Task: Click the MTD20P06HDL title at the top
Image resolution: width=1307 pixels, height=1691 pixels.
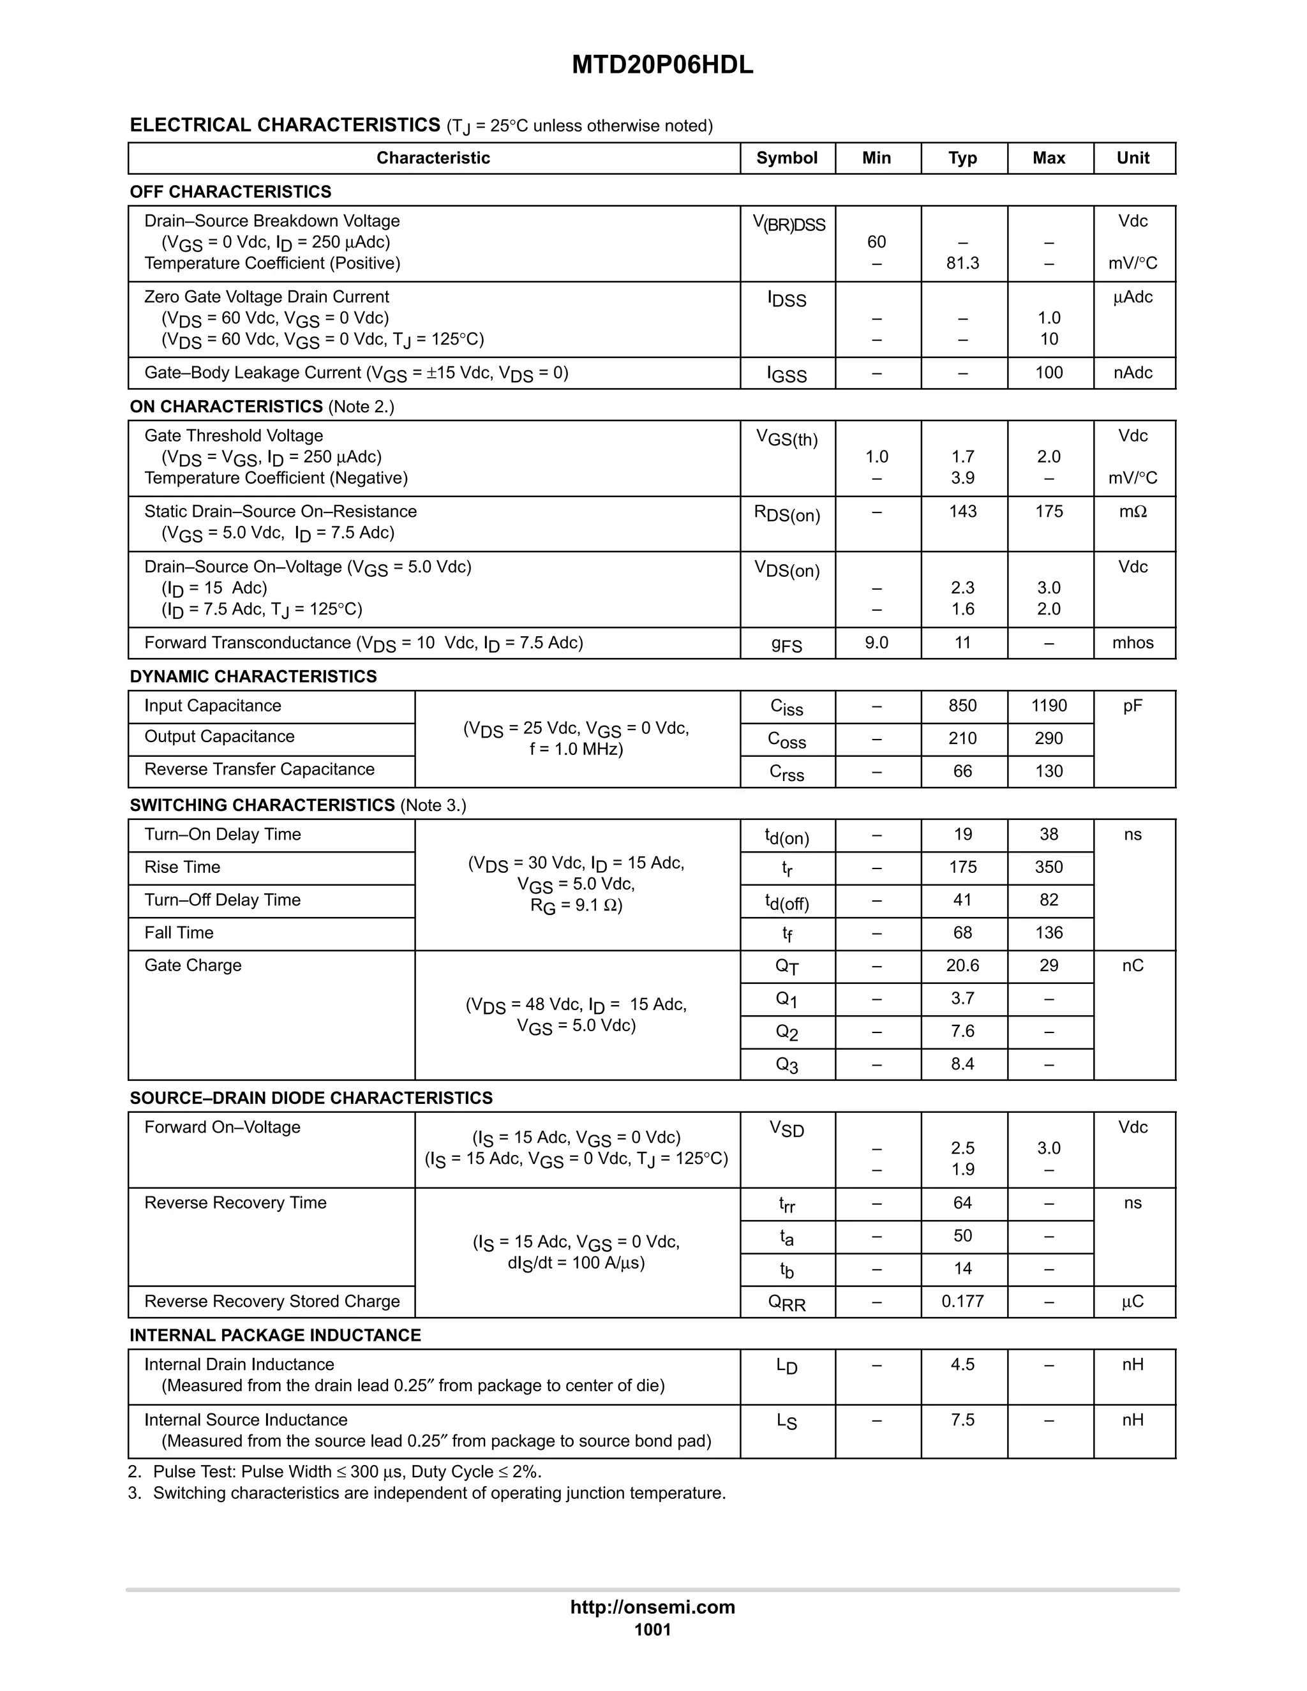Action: pos(662,65)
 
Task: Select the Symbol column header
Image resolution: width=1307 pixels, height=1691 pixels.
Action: pos(787,158)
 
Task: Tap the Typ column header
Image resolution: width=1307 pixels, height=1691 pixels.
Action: pos(962,158)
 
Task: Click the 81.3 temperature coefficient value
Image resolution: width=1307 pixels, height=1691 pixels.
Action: pos(962,264)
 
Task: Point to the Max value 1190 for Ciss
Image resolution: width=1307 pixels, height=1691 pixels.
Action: pos(1049,705)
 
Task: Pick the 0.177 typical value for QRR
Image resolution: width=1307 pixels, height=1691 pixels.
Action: pos(962,1302)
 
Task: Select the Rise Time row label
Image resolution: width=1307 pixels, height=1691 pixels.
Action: pos(182,867)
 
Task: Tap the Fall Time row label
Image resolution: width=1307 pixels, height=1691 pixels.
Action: pos(179,933)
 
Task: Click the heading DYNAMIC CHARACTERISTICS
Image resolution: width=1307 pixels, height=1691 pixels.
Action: pos(253,676)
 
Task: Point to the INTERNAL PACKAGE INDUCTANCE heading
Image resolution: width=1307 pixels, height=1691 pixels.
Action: pos(275,1336)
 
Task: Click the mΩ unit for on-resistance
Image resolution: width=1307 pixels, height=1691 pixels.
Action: pos(1133,512)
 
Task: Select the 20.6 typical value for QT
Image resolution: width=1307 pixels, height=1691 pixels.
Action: pos(962,965)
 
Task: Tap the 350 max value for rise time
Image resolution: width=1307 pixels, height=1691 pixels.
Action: pos(1049,867)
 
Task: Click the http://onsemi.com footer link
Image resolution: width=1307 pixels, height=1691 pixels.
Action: pos(653,1607)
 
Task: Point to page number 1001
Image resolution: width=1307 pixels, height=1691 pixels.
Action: pos(653,1630)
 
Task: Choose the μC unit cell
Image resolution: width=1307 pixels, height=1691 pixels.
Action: pos(1133,1302)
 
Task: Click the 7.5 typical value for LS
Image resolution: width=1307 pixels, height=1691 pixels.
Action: pos(962,1420)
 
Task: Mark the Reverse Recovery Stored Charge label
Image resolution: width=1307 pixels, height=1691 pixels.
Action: pos(272,1302)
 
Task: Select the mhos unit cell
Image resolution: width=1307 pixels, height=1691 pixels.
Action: pos(1133,643)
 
